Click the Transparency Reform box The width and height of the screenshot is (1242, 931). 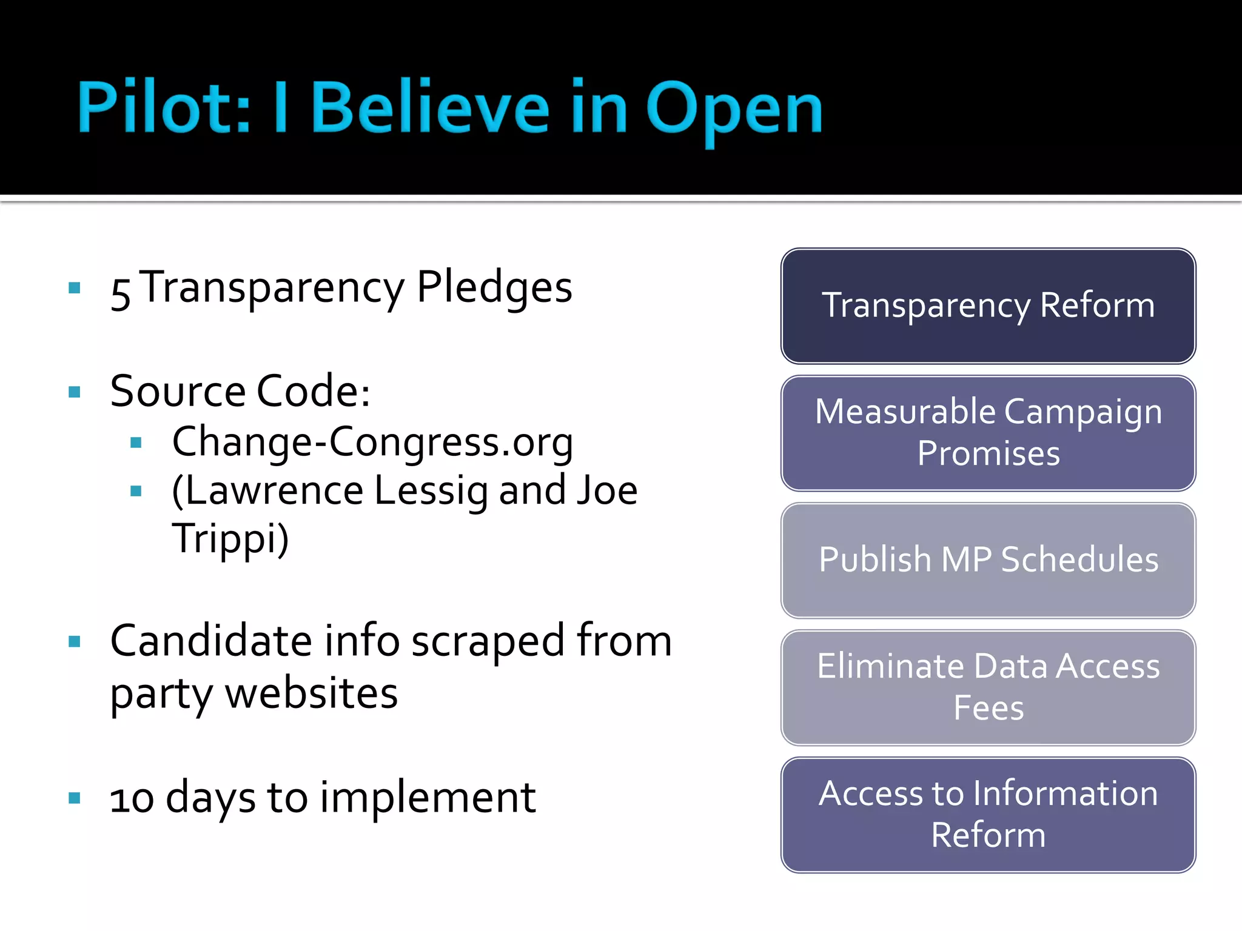[x=988, y=305]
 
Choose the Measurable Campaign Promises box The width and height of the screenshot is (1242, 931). [x=988, y=433]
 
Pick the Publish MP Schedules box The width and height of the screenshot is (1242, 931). [x=988, y=560]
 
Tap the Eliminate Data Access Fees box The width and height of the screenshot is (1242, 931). [x=988, y=687]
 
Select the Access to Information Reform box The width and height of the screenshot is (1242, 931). [x=988, y=815]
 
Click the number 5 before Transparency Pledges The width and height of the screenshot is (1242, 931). [x=121, y=293]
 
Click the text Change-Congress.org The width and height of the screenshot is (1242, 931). [x=372, y=442]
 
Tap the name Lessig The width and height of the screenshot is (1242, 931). [x=431, y=491]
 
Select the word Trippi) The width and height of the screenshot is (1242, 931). [x=230, y=539]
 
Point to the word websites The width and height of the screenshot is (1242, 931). [x=311, y=693]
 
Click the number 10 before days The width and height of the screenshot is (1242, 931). [x=132, y=798]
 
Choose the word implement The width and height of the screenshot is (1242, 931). [x=428, y=797]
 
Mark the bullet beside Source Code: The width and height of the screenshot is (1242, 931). [x=75, y=392]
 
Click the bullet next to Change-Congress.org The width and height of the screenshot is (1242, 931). [x=136, y=443]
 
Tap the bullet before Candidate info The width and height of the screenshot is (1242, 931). [x=75, y=642]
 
